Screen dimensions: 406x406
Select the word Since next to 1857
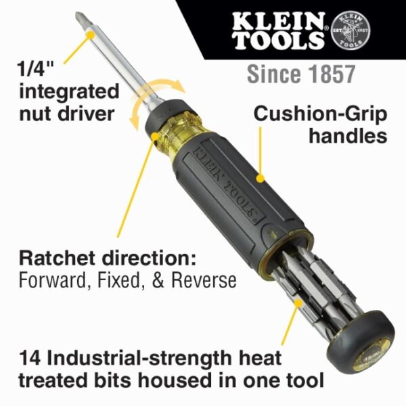[271, 74]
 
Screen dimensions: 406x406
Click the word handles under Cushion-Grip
[347, 135]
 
